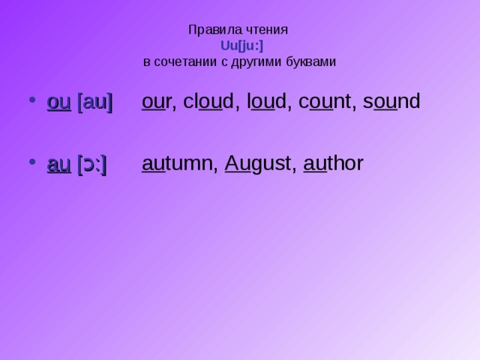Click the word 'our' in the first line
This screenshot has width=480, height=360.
(x=157, y=102)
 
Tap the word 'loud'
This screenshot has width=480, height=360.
(x=268, y=102)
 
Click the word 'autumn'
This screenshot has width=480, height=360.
(x=177, y=164)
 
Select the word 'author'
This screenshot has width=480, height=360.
(x=334, y=164)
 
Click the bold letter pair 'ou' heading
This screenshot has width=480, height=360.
(x=58, y=103)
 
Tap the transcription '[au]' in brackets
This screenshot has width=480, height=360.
(x=95, y=103)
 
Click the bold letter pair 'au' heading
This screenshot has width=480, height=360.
(x=58, y=165)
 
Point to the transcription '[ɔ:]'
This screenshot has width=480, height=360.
(x=92, y=165)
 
